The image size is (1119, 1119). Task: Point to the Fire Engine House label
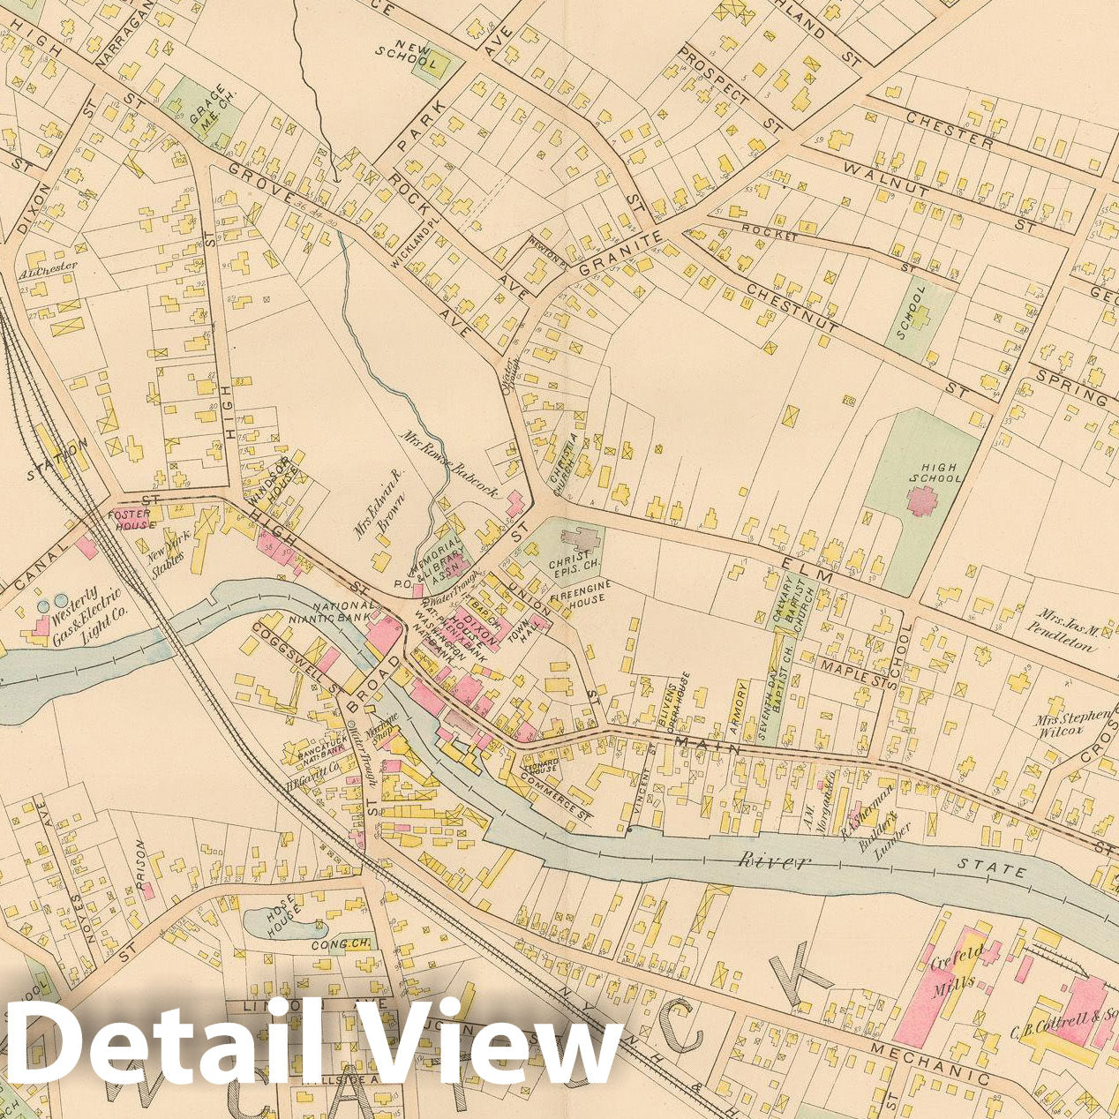pyautogui.click(x=577, y=591)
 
